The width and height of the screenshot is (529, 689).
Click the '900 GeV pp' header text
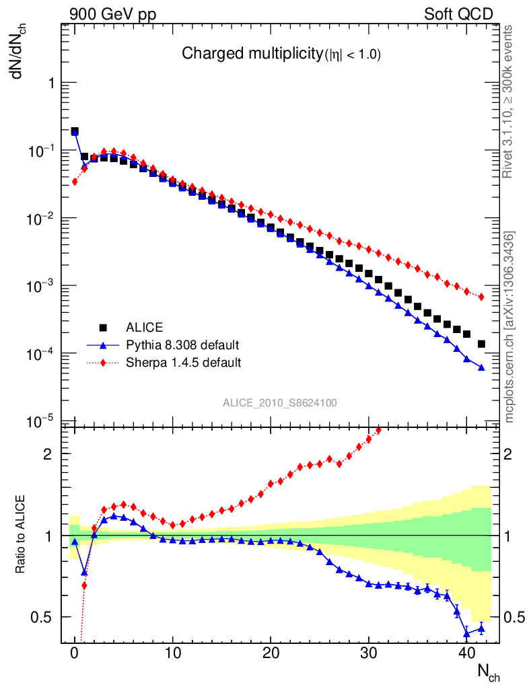coord(112,14)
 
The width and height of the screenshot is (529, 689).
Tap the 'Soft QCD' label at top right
coord(458,14)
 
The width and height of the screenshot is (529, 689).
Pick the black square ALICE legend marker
coord(104,328)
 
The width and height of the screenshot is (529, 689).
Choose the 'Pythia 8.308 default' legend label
coord(182,346)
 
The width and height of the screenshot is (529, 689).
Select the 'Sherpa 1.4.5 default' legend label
coord(184,363)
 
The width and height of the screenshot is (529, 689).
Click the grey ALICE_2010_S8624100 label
coord(280,403)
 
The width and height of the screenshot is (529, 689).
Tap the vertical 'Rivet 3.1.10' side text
coord(508,101)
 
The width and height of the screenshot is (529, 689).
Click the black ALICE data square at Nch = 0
coord(75,131)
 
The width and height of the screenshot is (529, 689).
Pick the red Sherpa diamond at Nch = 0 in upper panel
coord(75,182)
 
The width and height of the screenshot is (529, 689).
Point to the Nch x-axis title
coord(488,672)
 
